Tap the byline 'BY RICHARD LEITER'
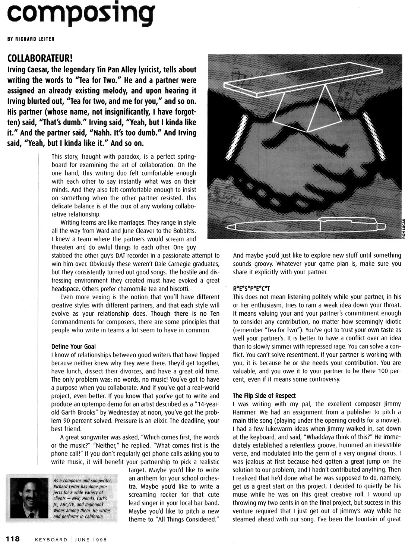(31, 39)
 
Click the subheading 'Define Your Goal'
(73, 347)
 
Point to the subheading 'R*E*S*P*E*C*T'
(251, 288)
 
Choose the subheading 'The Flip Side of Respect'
(264, 395)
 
